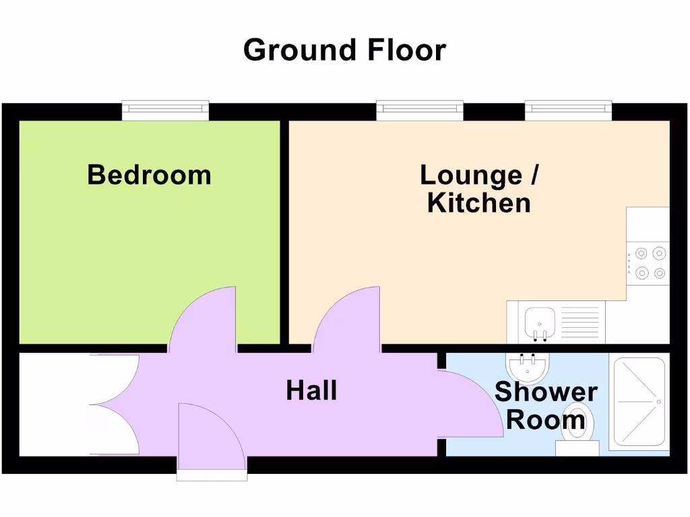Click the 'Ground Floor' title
pos(344,50)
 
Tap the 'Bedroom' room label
pos(149,175)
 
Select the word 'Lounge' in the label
pos(470,175)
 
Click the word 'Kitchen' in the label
pos(478,203)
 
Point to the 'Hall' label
pos(311,390)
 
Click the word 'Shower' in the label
pos(546,392)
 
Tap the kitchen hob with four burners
pos(648,263)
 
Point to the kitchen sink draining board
pos(579,321)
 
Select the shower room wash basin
pos(528,367)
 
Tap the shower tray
pos(638,403)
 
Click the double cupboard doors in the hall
pos(115,405)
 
